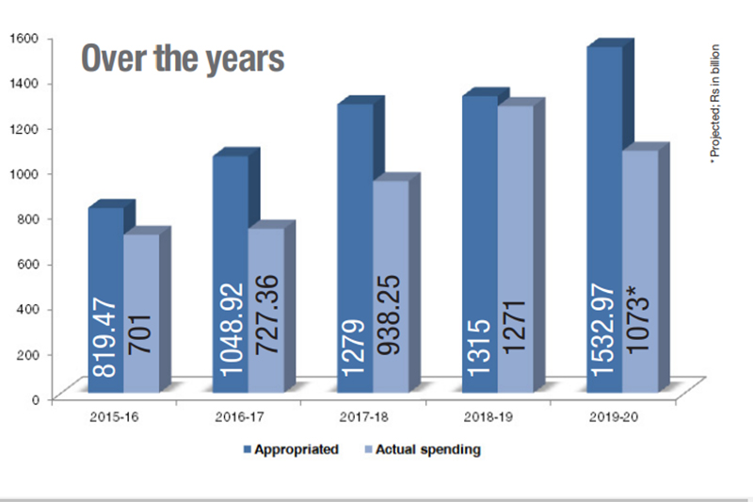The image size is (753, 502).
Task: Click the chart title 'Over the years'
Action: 182,58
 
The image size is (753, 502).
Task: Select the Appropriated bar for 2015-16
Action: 105,283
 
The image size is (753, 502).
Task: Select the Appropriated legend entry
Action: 291,449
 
